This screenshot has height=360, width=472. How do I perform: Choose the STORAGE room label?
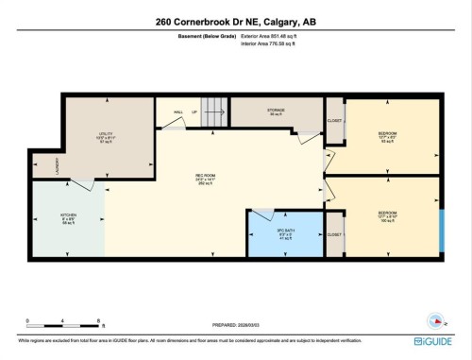[275, 111]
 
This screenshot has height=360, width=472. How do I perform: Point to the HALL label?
[177, 112]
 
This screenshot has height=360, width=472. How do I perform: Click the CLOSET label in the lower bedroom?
[333, 233]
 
